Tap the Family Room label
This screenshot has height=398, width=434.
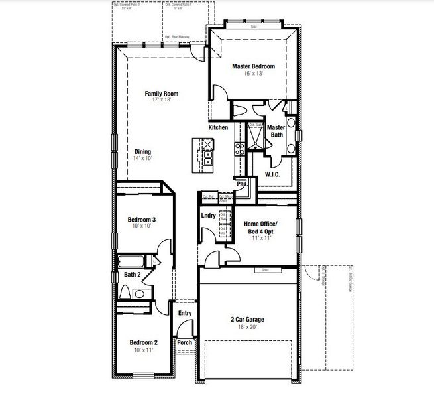(x=161, y=94)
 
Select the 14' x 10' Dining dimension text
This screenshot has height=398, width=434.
(x=143, y=159)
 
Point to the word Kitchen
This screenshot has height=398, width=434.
(x=218, y=127)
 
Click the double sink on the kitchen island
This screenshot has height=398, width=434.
(x=207, y=157)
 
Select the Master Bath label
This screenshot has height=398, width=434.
(x=276, y=131)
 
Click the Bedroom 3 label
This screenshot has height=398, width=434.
(x=142, y=220)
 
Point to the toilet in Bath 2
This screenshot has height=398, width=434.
(x=126, y=292)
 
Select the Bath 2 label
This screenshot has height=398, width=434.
(x=131, y=274)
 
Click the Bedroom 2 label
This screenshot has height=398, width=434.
(x=143, y=342)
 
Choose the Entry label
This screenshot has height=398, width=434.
(x=184, y=314)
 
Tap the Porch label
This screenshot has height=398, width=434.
(x=184, y=343)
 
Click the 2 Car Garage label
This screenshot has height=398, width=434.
(x=248, y=319)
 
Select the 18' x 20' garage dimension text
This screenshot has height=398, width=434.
(x=248, y=326)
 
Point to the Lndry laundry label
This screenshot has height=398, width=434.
(x=209, y=216)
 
